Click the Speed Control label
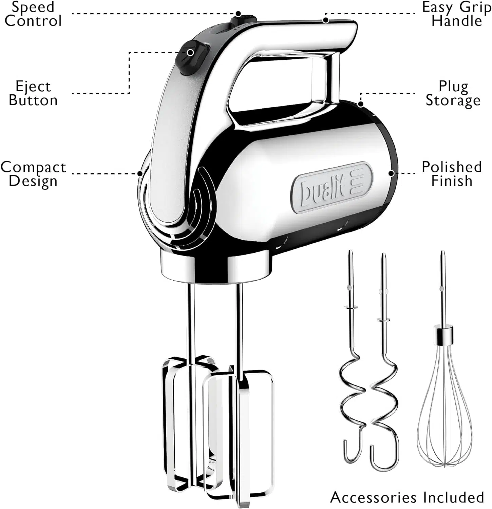(x=33, y=14)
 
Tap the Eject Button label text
(x=33, y=93)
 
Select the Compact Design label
(x=33, y=174)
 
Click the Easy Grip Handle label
(x=457, y=14)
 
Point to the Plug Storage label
(x=453, y=93)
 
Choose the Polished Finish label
(x=452, y=173)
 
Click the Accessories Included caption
(x=407, y=497)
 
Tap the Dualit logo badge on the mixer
(x=332, y=188)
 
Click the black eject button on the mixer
(x=192, y=57)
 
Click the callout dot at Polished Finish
(x=391, y=173)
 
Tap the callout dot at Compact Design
(x=140, y=174)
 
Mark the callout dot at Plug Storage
(x=361, y=104)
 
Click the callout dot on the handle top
(x=326, y=20)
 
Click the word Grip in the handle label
(x=476, y=7)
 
